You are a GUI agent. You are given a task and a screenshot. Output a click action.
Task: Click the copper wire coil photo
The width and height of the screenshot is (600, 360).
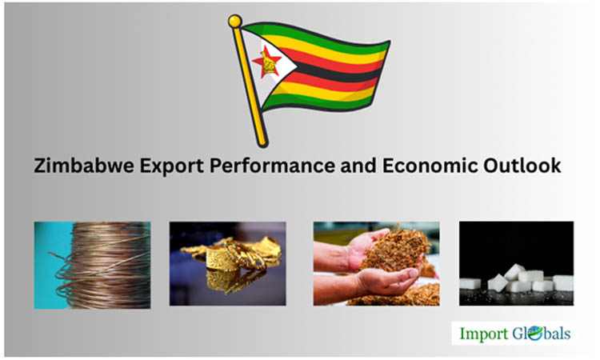(92, 265)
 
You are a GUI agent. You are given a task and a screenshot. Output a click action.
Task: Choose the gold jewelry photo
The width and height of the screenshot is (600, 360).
(227, 263)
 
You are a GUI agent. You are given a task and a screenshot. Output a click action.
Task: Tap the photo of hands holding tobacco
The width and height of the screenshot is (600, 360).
(375, 263)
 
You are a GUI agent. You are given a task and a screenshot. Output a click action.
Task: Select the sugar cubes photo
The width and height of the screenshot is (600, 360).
(516, 263)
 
